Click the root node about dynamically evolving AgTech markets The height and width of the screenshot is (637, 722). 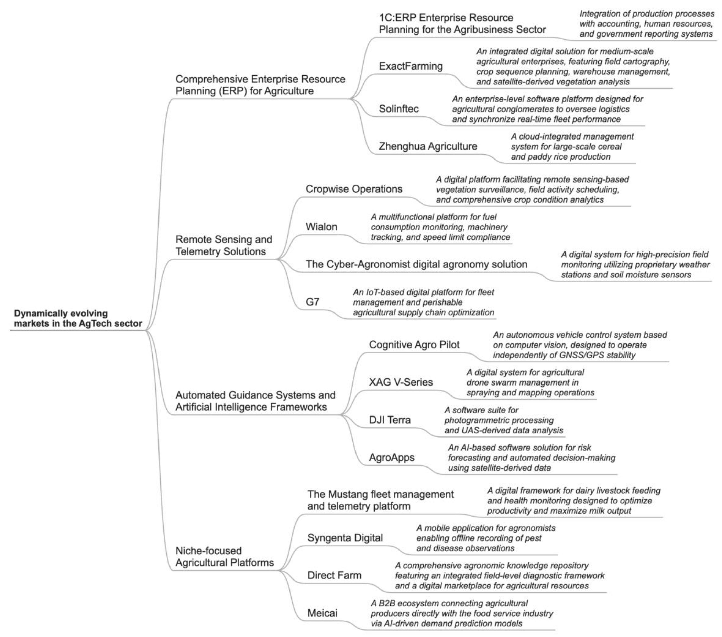coord(78,318)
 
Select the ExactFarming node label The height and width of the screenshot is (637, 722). coord(411,66)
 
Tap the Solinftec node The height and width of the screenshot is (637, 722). coord(399,109)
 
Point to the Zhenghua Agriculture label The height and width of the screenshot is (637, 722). coord(428,146)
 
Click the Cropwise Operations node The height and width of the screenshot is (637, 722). coord(354,189)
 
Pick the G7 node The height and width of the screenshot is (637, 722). coord(313,302)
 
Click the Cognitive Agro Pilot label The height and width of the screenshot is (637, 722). coord(414,345)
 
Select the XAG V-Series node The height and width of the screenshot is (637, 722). coord(401,382)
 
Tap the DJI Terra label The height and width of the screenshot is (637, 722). coord(390,420)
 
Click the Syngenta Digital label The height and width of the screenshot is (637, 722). coord(345,538)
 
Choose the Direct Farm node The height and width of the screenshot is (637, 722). coord(335,575)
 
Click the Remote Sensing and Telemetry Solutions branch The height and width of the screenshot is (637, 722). coord(224,245)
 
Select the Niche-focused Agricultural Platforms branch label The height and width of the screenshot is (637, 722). coord(225,557)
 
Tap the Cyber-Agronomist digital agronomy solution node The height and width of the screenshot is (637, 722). coord(416,264)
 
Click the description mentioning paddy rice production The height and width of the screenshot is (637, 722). coord(572,146)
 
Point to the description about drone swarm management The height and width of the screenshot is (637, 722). coord(530,382)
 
